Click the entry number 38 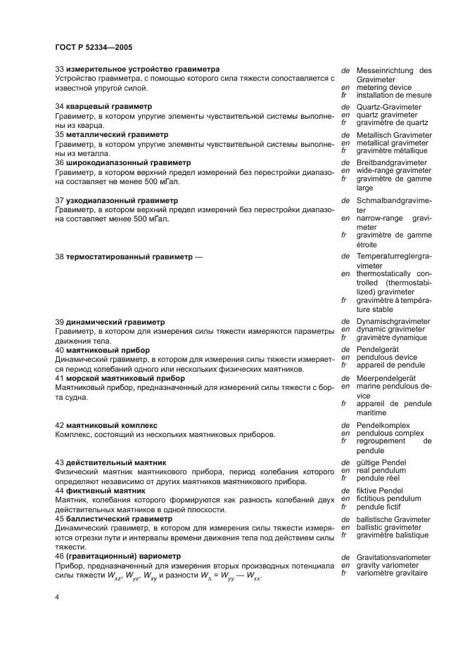pos(59,257)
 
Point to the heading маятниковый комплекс pos(113,425)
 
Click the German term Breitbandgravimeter pos(392,163)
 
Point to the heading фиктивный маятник pos(105,490)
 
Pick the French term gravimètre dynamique pos(391,337)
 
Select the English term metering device pos(384,87)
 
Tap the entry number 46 pos(59,557)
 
